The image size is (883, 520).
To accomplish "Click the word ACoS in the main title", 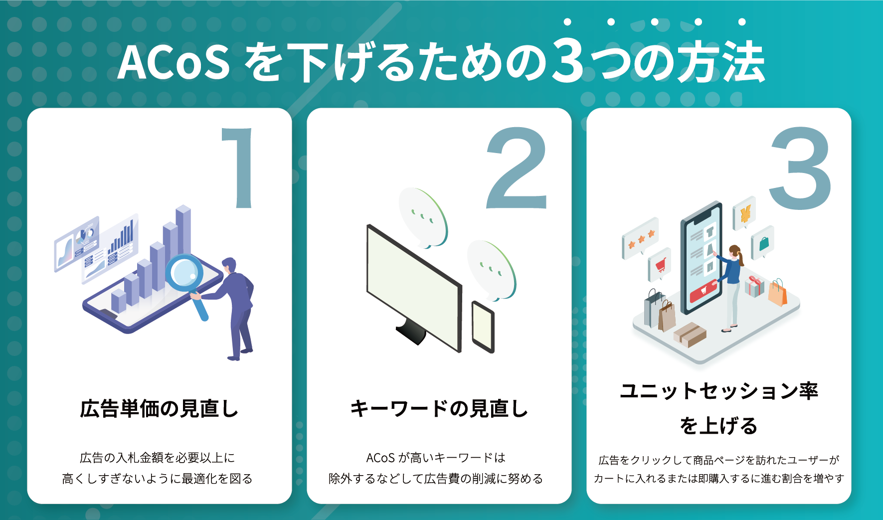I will tap(174, 63).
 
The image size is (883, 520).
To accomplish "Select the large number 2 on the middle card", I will tap(517, 169).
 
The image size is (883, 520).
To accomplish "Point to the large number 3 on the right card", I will tap(800, 169).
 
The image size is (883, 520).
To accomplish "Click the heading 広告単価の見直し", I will tap(159, 409).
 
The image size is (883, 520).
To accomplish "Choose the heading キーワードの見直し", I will tap(439, 409).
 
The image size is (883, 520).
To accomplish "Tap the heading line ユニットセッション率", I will tap(718, 391).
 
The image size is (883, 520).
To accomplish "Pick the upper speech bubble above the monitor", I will tap(423, 217).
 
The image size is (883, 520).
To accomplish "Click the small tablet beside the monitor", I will tap(483, 327).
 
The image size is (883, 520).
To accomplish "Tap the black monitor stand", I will tap(411, 331).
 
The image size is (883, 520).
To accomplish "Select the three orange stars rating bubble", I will tap(641, 238).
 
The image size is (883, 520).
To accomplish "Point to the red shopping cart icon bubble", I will tap(660, 265).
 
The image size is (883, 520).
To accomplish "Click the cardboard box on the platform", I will tap(690, 334).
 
